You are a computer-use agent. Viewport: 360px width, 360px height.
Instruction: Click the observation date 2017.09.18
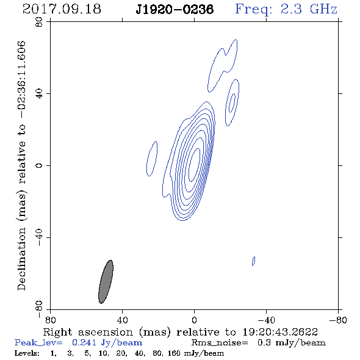click(x=62, y=9)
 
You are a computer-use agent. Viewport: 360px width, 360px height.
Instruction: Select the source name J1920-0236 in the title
click(x=175, y=10)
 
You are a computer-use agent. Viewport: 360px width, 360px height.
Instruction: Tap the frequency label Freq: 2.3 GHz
click(x=286, y=9)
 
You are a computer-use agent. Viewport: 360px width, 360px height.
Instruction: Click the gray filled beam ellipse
click(x=106, y=282)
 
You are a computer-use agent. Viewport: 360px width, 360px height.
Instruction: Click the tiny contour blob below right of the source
click(x=254, y=261)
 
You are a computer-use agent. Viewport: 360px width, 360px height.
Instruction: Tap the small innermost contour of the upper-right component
click(x=232, y=103)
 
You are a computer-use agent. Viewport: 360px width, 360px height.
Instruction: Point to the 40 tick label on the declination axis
click(x=39, y=94)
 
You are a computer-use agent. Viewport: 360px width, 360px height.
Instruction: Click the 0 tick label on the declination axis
click(x=39, y=165)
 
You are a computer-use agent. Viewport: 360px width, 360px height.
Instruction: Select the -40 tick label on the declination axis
click(x=39, y=237)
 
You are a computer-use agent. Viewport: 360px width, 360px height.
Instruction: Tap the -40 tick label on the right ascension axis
click(x=266, y=320)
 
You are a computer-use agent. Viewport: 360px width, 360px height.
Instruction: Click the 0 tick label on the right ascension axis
click(x=194, y=320)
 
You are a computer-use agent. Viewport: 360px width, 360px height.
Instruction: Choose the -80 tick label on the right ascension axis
click(x=338, y=320)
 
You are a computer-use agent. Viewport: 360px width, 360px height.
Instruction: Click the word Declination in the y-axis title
click(x=21, y=259)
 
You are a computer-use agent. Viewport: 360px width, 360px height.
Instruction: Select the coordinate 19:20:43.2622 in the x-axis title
click(x=280, y=332)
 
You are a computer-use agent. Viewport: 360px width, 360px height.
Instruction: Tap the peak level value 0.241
click(x=84, y=342)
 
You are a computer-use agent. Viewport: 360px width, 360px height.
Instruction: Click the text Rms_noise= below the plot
click(x=220, y=343)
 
